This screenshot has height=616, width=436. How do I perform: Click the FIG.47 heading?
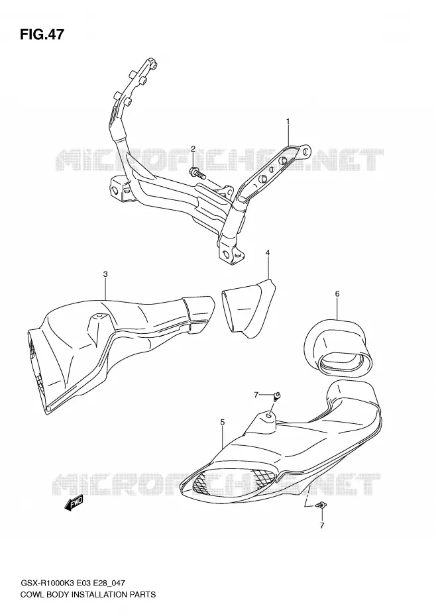(42, 34)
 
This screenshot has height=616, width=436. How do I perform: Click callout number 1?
(288, 121)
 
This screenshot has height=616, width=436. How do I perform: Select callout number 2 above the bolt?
(193, 148)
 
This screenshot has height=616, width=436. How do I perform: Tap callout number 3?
(105, 274)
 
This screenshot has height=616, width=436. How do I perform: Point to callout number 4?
(268, 252)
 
